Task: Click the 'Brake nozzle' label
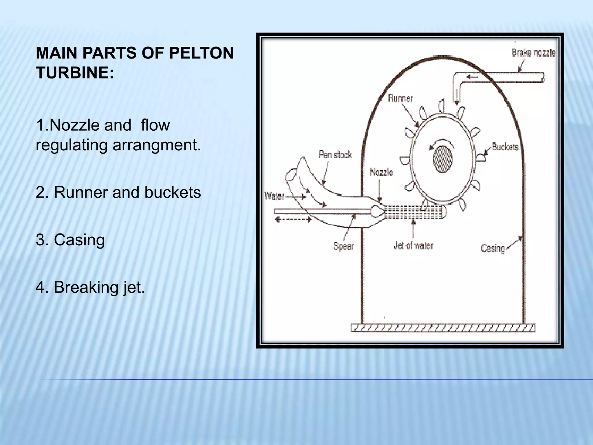(533, 53)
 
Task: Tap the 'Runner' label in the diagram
(400, 99)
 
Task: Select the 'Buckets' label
(505, 147)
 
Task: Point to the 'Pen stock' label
(335, 155)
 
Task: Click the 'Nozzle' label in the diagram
(381, 172)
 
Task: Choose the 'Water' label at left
(274, 196)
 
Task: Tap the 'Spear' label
(344, 246)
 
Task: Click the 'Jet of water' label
(413, 246)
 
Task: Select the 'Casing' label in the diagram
(493, 248)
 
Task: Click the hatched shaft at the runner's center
(443, 159)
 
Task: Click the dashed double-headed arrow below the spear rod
(293, 220)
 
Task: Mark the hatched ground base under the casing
(443, 328)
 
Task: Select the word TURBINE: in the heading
(75, 72)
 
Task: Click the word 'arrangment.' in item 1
(157, 145)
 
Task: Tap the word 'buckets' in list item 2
(172, 192)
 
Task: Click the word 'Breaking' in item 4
(86, 287)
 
